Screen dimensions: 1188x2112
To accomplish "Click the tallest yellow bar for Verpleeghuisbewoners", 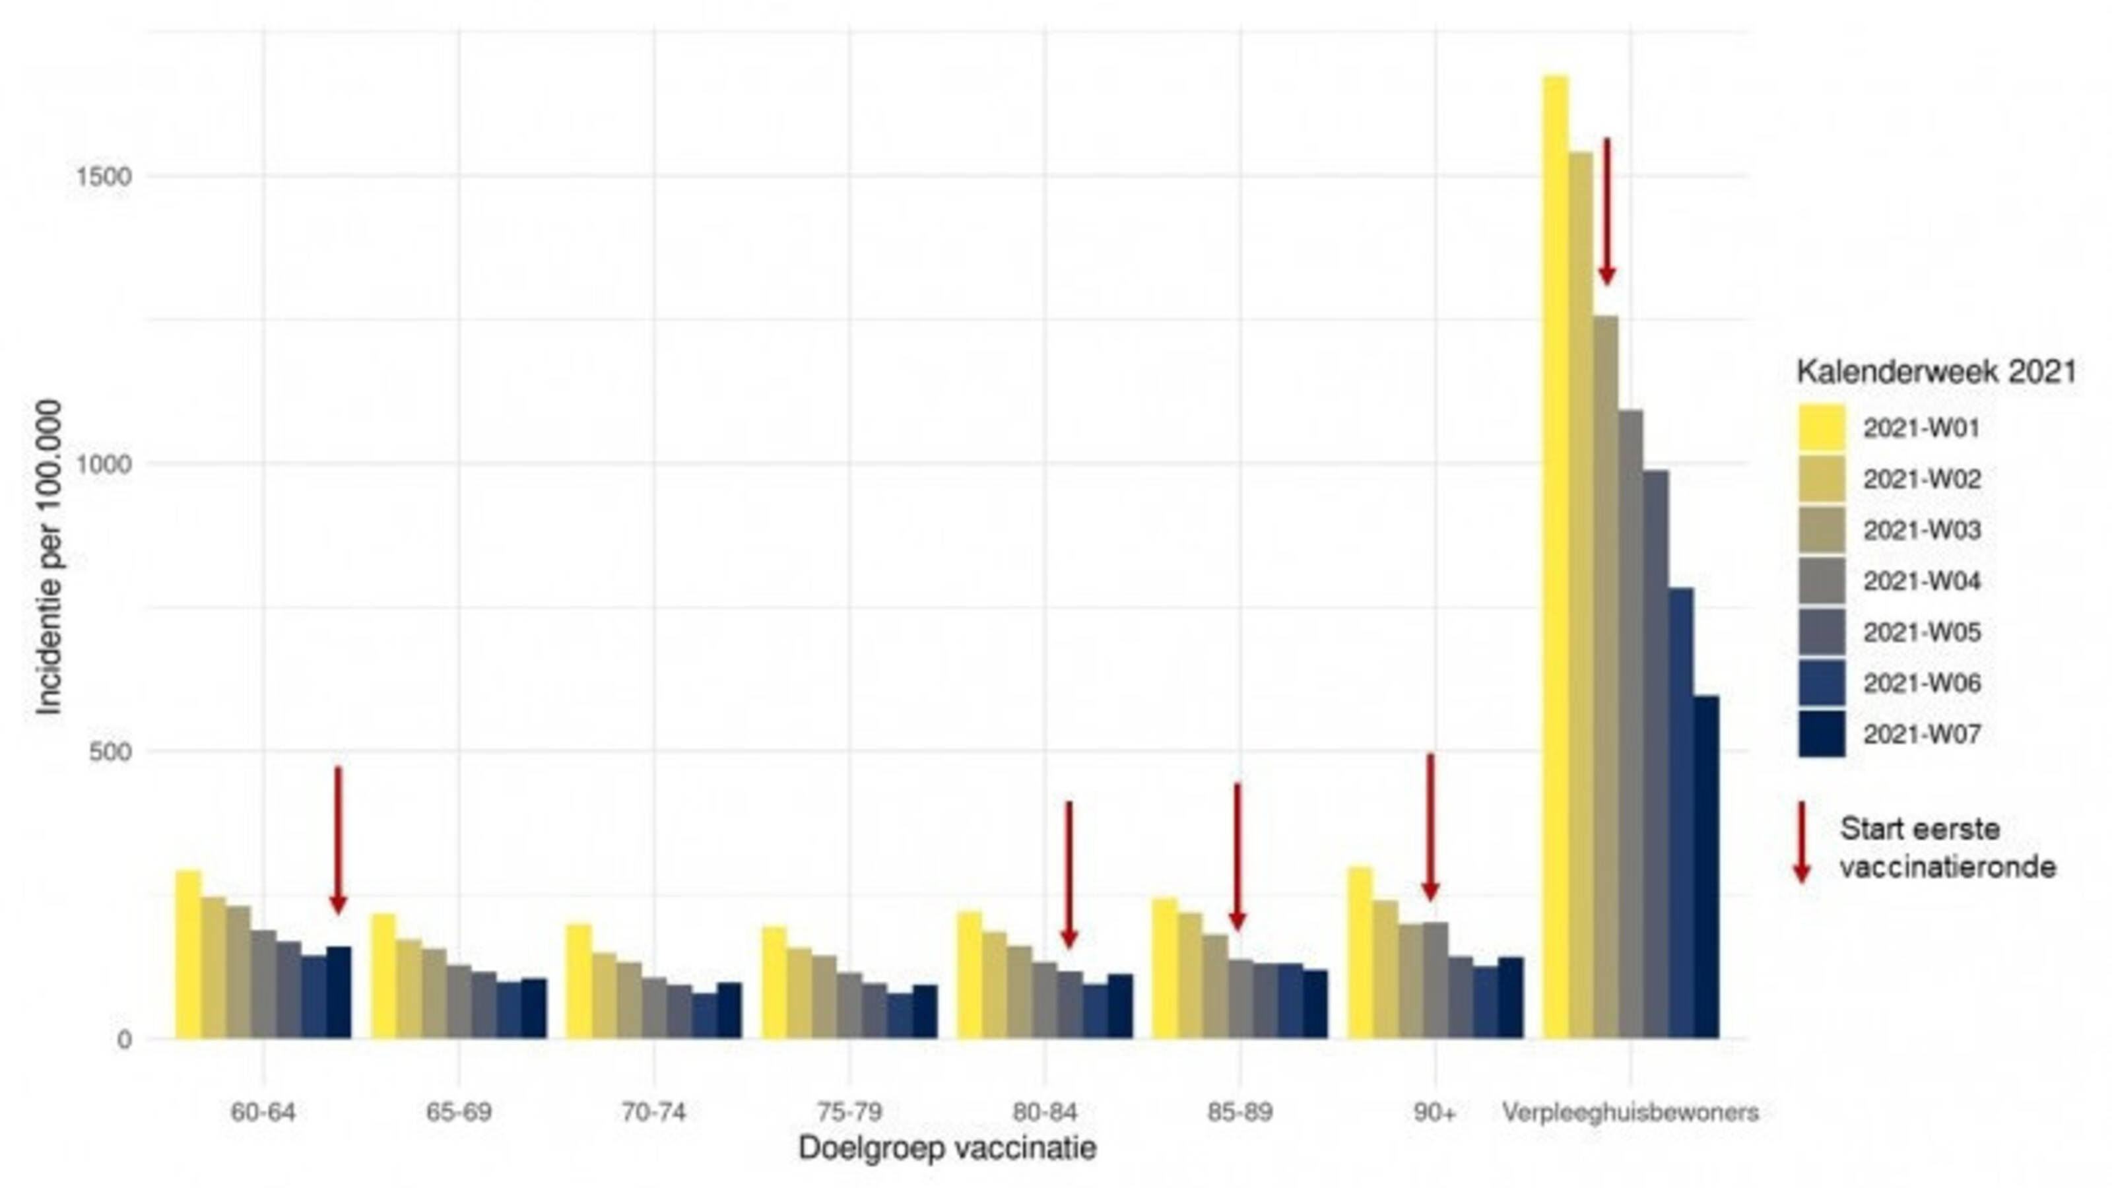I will tap(1556, 558).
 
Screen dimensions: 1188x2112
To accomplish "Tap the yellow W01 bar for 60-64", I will tap(189, 954).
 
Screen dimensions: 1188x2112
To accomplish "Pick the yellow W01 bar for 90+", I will tap(1360, 952).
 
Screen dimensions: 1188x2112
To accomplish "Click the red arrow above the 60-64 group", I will tap(338, 840).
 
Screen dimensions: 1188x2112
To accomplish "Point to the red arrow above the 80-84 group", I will tap(1069, 874).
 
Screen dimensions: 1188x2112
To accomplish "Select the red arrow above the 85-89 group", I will tap(1237, 857).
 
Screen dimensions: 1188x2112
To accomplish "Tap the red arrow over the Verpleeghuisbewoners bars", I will tap(1607, 211).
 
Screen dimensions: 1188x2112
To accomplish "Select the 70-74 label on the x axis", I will tap(653, 1113).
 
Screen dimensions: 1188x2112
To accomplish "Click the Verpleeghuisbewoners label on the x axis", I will tap(1630, 1113).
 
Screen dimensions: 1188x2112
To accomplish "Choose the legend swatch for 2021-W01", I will tap(1822, 427).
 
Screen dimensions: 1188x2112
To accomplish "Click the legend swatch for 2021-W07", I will tap(1822, 734).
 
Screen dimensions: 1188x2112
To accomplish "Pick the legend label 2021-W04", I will tap(1922, 581).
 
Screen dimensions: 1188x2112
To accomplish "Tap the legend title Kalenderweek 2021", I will tap(1936, 372).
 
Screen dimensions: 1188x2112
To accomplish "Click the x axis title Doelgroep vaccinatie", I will tap(947, 1148).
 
